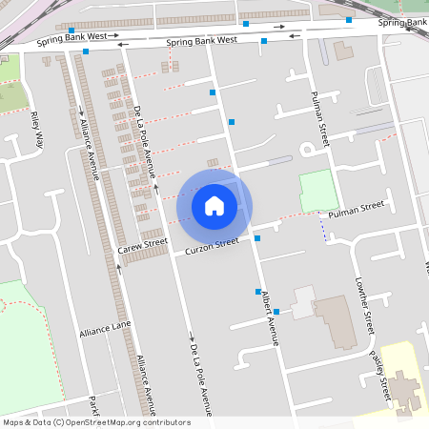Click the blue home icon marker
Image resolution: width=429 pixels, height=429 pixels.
pyautogui.click(x=214, y=205)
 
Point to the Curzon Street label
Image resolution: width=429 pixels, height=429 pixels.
pyautogui.click(x=211, y=246)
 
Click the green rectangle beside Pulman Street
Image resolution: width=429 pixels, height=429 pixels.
pyautogui.click(x=318, y=191)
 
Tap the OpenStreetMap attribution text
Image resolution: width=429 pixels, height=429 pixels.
pyautogui.click(x=95, y=422)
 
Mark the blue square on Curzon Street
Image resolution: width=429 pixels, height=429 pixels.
pyautogui.click(x=257, y=238)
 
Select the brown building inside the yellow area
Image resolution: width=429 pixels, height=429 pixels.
pyautogui.click(x=403, y=389)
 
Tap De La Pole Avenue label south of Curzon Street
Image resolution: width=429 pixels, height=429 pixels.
pyautogui.click(x=200, y=377)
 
